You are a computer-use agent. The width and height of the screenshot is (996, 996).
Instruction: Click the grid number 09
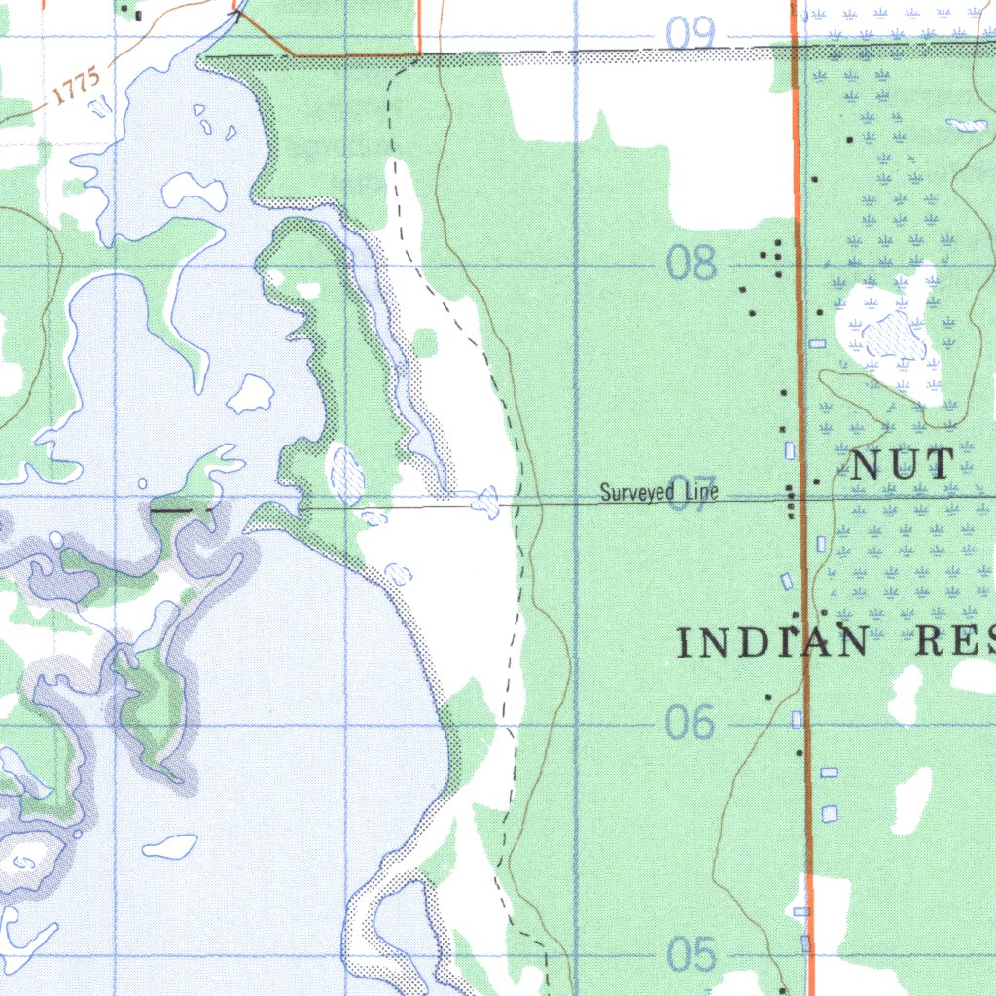coord(691,34)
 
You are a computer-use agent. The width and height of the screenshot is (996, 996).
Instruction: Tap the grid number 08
coord(692,263)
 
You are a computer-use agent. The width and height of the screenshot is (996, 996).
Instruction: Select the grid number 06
coord(691,723)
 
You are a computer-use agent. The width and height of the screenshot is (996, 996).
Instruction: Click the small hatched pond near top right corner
coord(966,125)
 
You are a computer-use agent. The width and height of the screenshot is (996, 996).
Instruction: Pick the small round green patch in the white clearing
coord(424,342)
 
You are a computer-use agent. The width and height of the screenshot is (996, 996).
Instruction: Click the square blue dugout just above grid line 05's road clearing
coord(829,813)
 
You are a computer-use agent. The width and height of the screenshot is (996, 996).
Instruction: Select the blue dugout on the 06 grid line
coord(798,720)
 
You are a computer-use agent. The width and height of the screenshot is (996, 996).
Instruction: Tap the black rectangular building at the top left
coord(138,16)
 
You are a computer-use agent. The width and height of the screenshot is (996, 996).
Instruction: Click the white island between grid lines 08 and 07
coord(252,393)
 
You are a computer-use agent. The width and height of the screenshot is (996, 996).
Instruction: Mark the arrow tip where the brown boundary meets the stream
coord(236,13)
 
